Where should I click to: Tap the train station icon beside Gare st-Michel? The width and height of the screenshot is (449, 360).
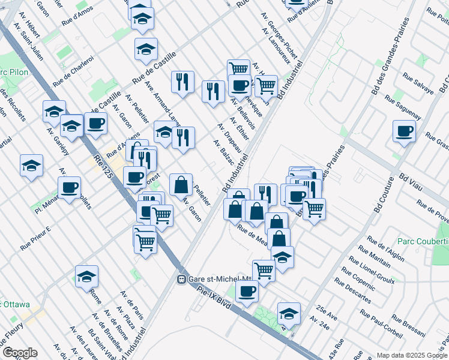[181, 280]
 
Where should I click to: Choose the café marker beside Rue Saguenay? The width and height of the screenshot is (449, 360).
[404, 131]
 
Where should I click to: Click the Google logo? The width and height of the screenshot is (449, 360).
[19, 353]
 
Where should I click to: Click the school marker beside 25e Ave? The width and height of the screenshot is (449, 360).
[289, 314]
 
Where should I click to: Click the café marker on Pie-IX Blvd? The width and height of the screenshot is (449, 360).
[246, 292]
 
